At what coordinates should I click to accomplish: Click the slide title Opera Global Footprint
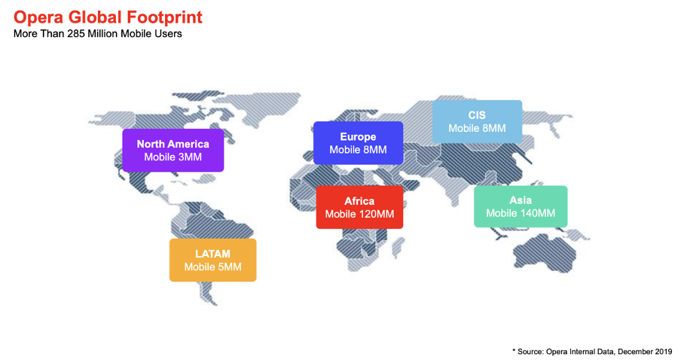[x=108, y=17]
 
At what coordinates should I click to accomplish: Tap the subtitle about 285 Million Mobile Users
[x=98, y=34]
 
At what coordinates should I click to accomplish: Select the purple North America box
[x=173, y=151]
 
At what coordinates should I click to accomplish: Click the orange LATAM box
[x=212, y=260]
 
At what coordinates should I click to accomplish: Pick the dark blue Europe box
[x=359, y=143]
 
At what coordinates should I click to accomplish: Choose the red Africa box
[x=359, y=207]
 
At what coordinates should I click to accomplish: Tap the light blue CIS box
[x=477, y=121]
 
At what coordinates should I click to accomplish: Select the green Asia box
[x=521, y=206]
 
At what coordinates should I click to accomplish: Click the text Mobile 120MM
[x=359, y=214]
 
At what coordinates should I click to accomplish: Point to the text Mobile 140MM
[x=521, y=213]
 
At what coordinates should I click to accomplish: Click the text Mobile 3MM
[x=173, y=157]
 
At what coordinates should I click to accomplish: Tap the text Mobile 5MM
[x=212, y=267]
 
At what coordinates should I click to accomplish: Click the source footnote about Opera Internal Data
[x=592, y=351]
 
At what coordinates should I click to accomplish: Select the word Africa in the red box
[x=359, y=201]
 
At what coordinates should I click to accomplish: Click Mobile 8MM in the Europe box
[x=359, y=150]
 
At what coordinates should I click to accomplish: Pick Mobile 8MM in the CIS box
[x=477, y=129]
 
